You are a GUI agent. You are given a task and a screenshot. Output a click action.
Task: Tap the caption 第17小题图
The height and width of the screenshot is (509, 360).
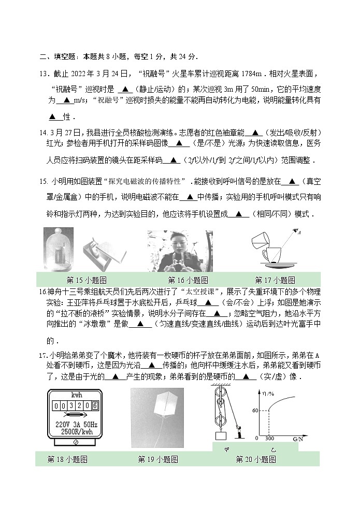[x=275, y=280]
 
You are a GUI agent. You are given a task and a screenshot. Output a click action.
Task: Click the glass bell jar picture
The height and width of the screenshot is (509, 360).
[x=60, y=250]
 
